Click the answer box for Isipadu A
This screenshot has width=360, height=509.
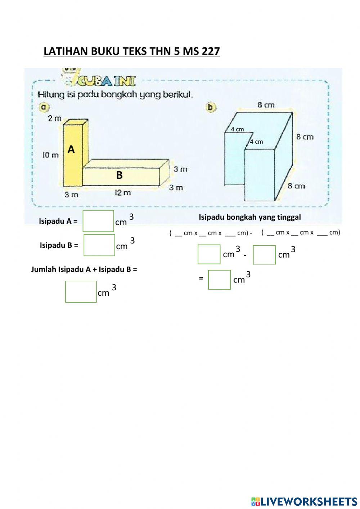98,221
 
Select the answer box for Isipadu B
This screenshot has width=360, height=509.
99,245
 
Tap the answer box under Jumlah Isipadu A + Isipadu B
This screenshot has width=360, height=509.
81,291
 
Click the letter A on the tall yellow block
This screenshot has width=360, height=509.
71,149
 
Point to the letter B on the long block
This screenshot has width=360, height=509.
119,175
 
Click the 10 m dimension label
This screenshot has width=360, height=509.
50,155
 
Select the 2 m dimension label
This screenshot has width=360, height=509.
55,118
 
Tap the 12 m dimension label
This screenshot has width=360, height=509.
123,193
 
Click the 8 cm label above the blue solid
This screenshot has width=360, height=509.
266,105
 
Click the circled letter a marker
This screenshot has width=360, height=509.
44,107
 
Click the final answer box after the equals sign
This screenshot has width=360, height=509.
219,280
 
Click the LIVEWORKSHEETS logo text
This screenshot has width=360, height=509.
308,501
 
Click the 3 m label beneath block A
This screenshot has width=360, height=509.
71,195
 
